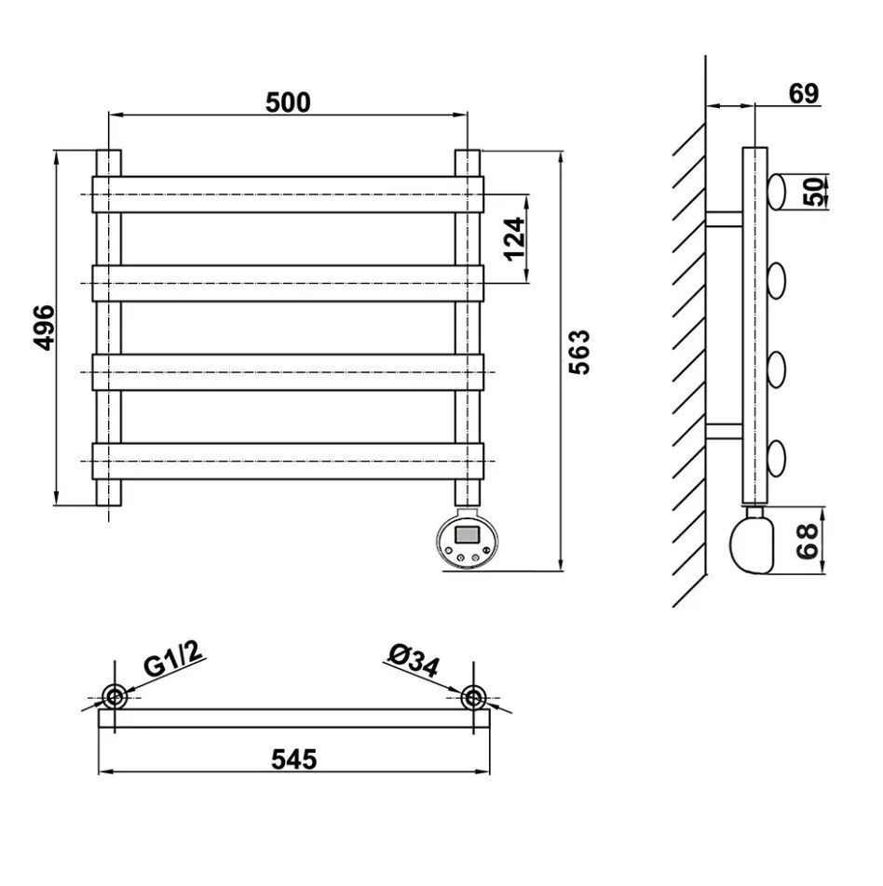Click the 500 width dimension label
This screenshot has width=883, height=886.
[x=288, y=102]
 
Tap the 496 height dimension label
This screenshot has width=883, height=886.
[x=44, y=328]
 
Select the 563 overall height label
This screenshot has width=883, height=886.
[x=579, y=352]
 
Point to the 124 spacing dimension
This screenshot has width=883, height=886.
[x=515, y=238]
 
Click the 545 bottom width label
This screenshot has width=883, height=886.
[x=294, y=758]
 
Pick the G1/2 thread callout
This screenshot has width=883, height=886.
[x=172, y=659]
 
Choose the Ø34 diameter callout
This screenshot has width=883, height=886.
[x=414, y=661]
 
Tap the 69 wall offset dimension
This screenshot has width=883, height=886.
[x=804, y=94]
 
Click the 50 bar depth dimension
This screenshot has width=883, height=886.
[x=815, y=192]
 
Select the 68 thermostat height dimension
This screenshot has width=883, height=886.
[x=808, y=541]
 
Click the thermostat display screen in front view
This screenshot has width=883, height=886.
[x=468, y=534]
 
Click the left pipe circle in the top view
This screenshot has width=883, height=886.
[x=115, y=696]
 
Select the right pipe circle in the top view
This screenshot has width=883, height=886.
[x=473, y=697]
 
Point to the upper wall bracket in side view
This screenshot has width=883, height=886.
[x=724, y=219]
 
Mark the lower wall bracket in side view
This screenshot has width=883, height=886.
[x=724, y=431]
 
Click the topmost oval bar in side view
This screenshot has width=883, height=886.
[x=776, y=192]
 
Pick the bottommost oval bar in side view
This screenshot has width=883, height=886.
[x=776, y=458]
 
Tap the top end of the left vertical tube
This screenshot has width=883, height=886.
[x=109, y=151]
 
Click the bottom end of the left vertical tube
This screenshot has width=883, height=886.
[x=109, y=503]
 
